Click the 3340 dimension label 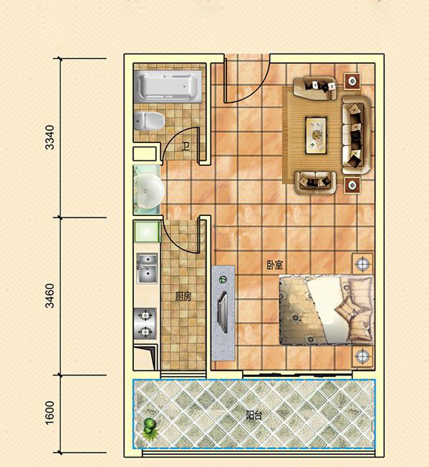[50, 137]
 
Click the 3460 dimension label [50, 296]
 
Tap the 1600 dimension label [50, 413]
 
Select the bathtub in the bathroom [168, 87]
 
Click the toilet [149, 121]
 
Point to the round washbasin [148, 191]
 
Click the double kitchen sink [147, 268]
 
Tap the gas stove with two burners [145, 323]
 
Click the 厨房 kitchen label [183, 296]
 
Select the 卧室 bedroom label [275, 265]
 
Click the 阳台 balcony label [254, 416]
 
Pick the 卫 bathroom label [186, 147]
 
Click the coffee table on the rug [316, 135]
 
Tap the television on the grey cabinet [223, 312]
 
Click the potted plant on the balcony [150, 429]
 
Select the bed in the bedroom [327, 310]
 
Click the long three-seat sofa [356, 135]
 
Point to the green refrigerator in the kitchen [147, 232]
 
